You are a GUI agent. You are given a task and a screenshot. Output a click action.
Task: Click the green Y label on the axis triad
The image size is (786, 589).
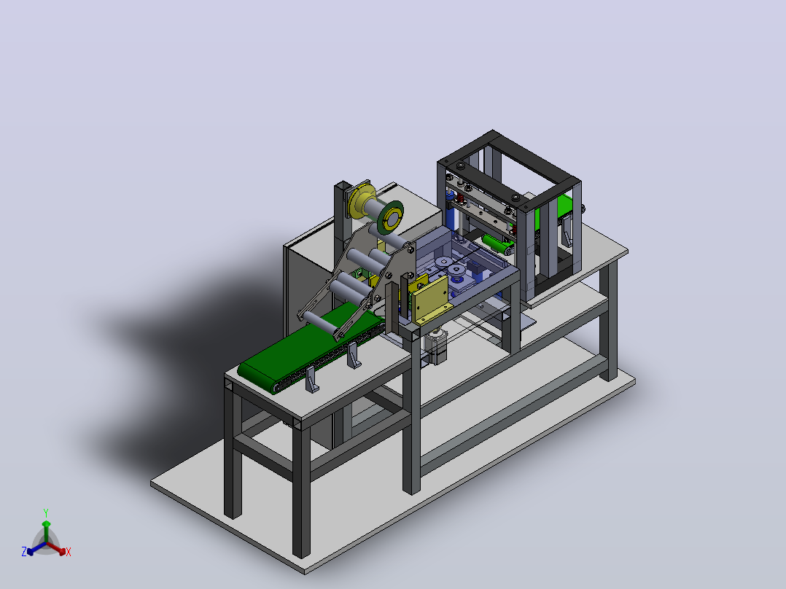pyautogui.click(x=46, y=512)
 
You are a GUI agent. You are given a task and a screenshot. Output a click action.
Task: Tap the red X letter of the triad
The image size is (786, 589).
pyautogui.click(x=69, y=552)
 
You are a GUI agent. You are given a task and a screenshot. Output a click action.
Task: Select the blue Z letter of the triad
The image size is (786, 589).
pyautogui.click(x=23, y=551)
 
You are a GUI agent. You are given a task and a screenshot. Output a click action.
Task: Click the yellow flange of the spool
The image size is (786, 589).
pyautogui.click(x=362, y=201)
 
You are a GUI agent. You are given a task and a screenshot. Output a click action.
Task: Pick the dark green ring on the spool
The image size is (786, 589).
pyautogui.click(x=391, y=217)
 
